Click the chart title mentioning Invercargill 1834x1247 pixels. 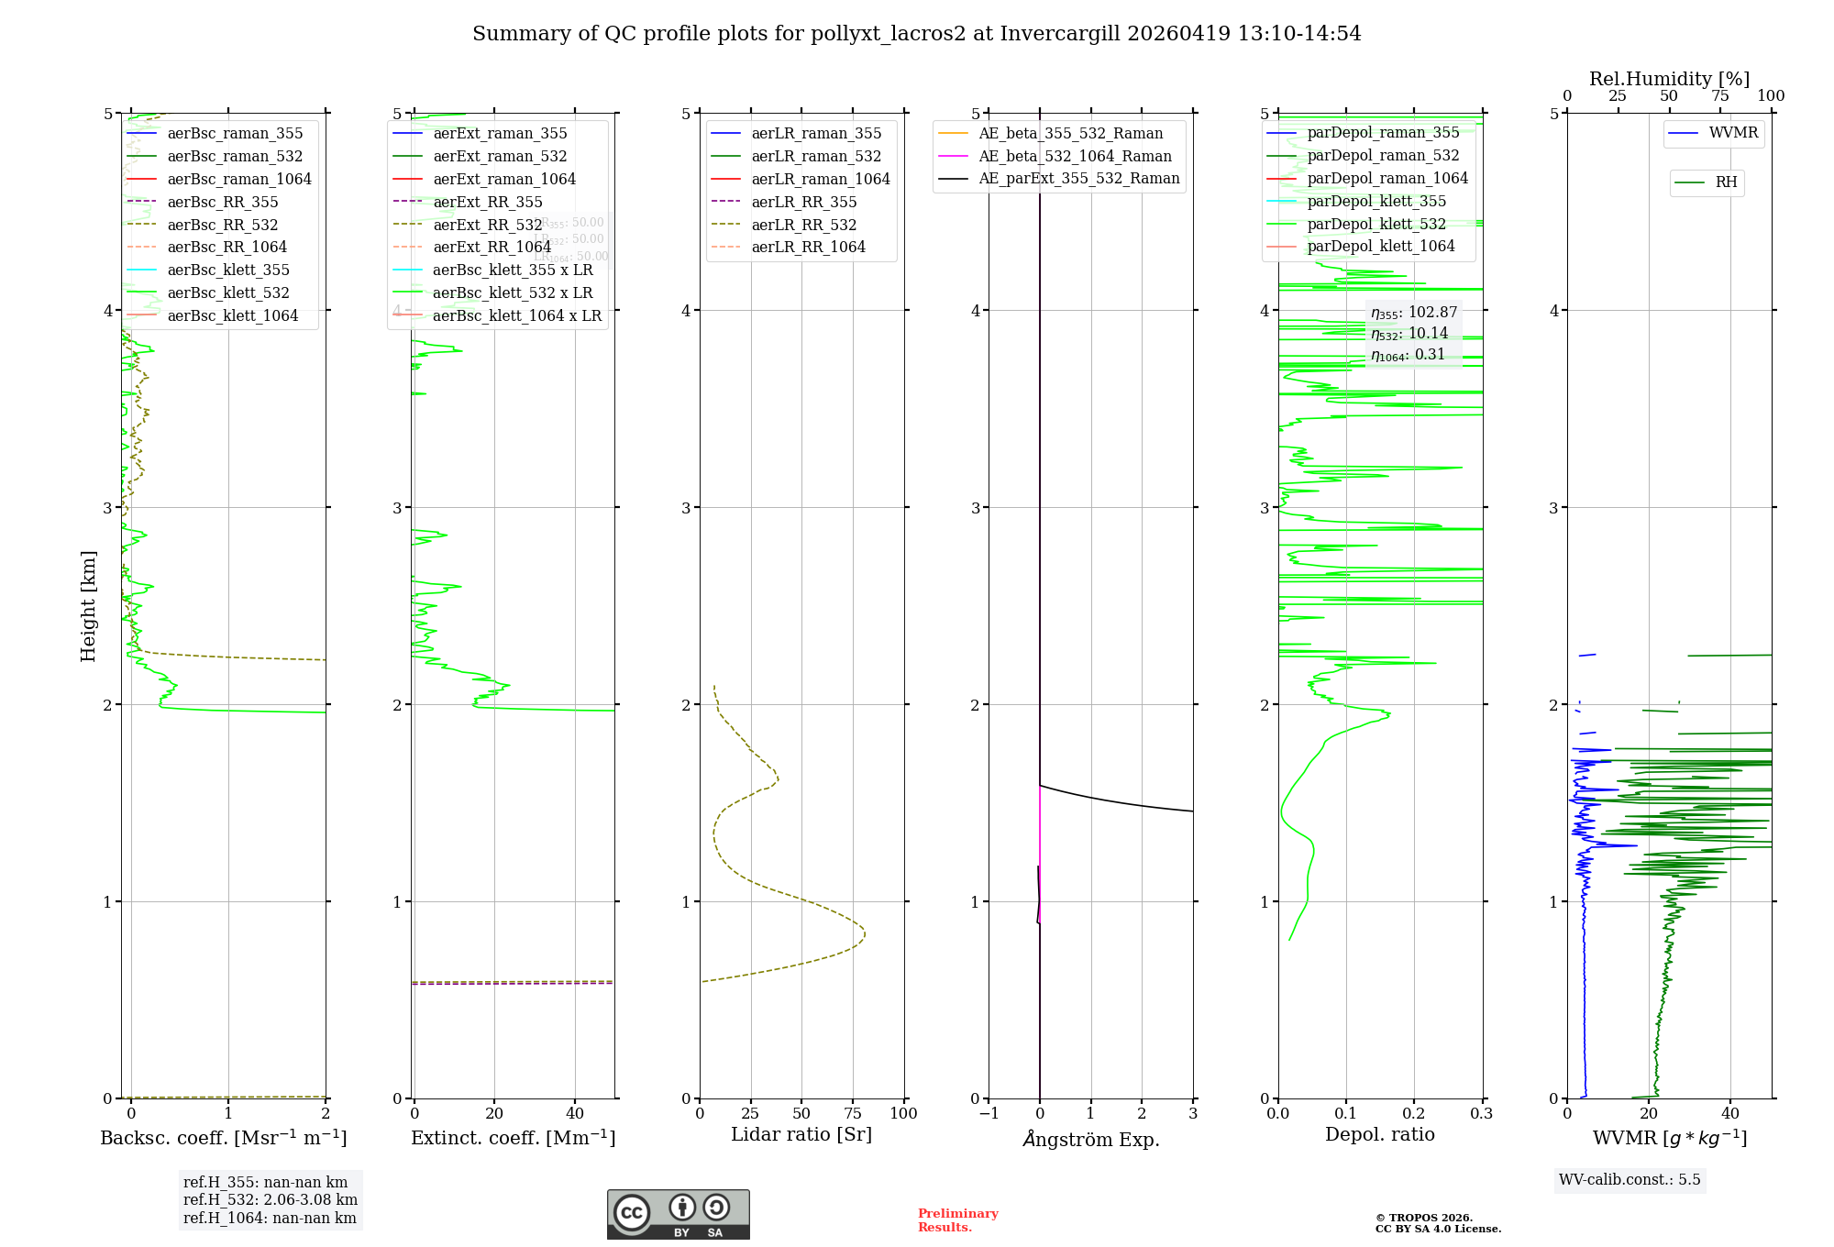point(916,34)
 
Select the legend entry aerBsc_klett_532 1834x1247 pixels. point(227,293)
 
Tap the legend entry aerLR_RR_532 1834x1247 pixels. point(803,226)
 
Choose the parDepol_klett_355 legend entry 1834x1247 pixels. point(1375,202)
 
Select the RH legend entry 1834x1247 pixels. point(1726,182)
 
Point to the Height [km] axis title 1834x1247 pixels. point(88,606)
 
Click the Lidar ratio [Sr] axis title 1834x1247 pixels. point(801,1135)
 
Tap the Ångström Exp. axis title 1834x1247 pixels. point(1090,1140)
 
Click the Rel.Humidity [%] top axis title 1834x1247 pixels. point(1669,79)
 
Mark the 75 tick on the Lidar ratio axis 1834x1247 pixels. point(853,1114)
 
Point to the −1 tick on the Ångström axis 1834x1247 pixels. point(988,1114)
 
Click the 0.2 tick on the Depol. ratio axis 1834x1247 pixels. point(1413,1114)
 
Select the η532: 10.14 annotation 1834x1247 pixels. point(1409,334)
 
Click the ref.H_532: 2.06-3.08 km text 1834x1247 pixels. point(270,1200)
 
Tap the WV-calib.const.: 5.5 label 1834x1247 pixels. point(1630,1180)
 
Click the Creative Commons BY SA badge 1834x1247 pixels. point(678,1215)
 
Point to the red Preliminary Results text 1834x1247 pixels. point(957,1220)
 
